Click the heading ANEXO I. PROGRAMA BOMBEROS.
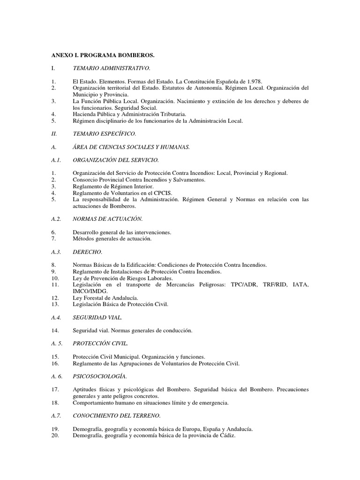103,55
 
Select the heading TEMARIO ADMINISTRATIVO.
112,68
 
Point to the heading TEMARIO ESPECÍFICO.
105,134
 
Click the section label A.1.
57,160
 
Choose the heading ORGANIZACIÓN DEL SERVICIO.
116,160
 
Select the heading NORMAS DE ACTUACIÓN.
108,219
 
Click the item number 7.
54,239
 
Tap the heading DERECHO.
88,252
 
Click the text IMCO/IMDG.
90,291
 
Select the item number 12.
55,298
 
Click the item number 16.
55,363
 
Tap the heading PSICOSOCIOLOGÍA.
100,376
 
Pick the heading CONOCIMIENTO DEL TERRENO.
117,415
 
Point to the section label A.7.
57,415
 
